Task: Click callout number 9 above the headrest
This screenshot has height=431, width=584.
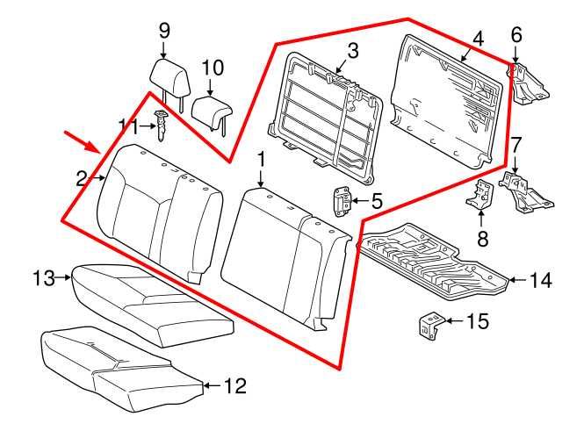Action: (x=164, y=30)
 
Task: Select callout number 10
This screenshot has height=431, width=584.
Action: (x=213, y=68)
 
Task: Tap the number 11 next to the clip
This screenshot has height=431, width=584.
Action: (x=129, y=126)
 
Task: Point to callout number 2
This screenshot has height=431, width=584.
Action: (x=82, y=179)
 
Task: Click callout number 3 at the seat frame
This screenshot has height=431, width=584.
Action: (x=351, y=51)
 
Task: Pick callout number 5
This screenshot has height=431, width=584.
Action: (x=376, y=201)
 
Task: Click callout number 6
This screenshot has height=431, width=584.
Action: (x=516, y=35)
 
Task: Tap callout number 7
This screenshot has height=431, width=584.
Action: (x=516, y=143)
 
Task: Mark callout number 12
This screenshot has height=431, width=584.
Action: (x=234, y=385)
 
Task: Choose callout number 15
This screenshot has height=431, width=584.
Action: (x=477, y=322)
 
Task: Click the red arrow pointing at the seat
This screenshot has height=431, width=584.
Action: (x=79, y=140)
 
